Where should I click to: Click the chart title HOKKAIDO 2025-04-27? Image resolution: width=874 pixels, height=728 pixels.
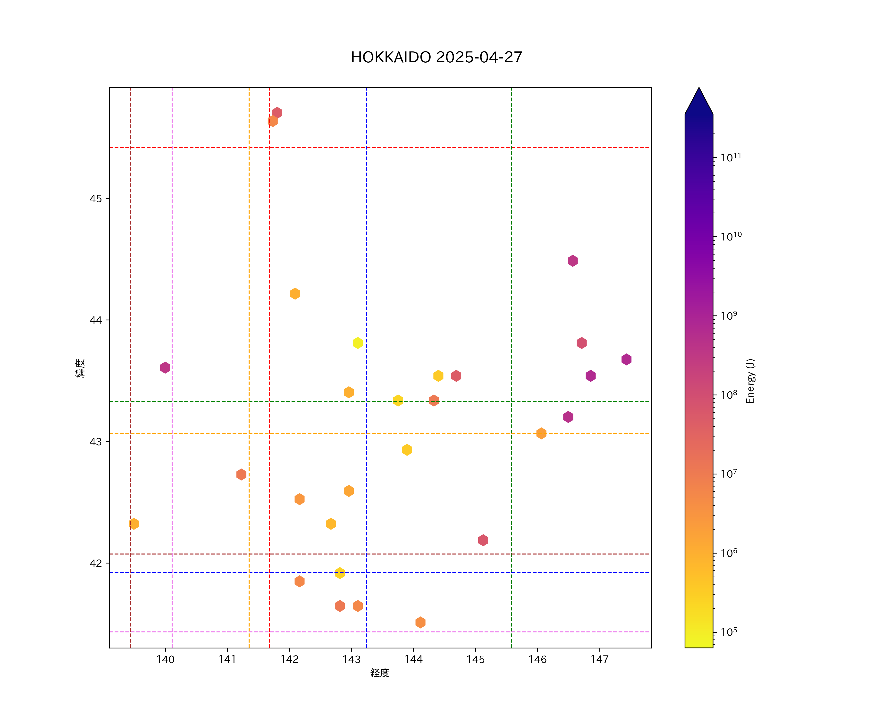point(437,58)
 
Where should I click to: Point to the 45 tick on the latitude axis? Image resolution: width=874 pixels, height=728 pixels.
point(95,199)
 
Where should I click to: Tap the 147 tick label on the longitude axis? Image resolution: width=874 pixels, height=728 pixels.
point(599,659)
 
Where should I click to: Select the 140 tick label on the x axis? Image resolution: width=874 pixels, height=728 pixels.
point(165,659)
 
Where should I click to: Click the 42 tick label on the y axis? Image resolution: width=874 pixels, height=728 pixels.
point(95,563)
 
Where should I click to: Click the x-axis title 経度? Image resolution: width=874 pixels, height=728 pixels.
point(379,673)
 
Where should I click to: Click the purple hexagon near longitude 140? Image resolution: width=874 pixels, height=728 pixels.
point(165,367)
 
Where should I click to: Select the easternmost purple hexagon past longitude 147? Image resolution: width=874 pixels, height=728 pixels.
point(626,359)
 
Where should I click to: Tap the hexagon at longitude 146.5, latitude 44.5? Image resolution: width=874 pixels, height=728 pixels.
point(573,261)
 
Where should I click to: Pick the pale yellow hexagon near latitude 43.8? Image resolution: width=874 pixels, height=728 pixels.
point(358,343)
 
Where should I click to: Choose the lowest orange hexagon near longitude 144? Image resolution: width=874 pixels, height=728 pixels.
point(420,622)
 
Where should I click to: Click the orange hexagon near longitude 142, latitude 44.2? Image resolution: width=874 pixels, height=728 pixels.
point(295,294)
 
